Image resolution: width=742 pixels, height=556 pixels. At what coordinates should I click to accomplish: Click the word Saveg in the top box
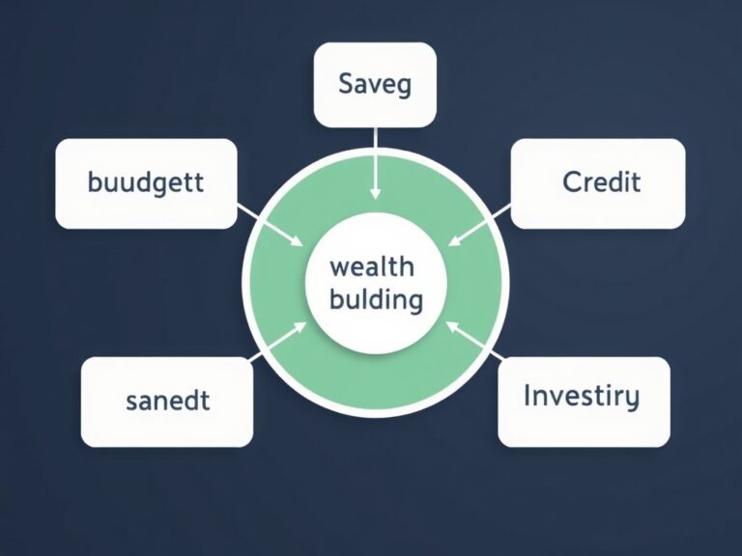pos(375,84)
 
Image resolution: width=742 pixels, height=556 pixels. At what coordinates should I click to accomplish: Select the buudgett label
pos(146,182)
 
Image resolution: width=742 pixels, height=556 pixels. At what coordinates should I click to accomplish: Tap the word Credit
pos(600,181)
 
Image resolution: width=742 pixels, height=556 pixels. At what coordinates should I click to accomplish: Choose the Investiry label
pos(581,396)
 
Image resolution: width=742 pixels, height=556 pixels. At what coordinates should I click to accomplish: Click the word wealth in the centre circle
pos(372,266)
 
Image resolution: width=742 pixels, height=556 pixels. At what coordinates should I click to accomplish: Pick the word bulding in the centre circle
pos(376,299)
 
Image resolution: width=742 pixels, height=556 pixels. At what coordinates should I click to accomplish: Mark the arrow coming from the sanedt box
pos(277,343)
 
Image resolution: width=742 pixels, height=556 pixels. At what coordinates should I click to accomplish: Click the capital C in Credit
pos(570,181)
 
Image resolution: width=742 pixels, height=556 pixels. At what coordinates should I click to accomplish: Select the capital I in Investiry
pos(528,395)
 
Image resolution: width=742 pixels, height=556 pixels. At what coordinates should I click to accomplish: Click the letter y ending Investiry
pos(632,400)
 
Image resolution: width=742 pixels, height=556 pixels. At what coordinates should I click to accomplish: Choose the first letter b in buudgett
pos(94,181)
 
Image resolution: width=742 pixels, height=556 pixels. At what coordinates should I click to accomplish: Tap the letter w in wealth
pos(338,267)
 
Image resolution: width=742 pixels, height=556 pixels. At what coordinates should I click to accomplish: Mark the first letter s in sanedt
pos(132,402)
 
